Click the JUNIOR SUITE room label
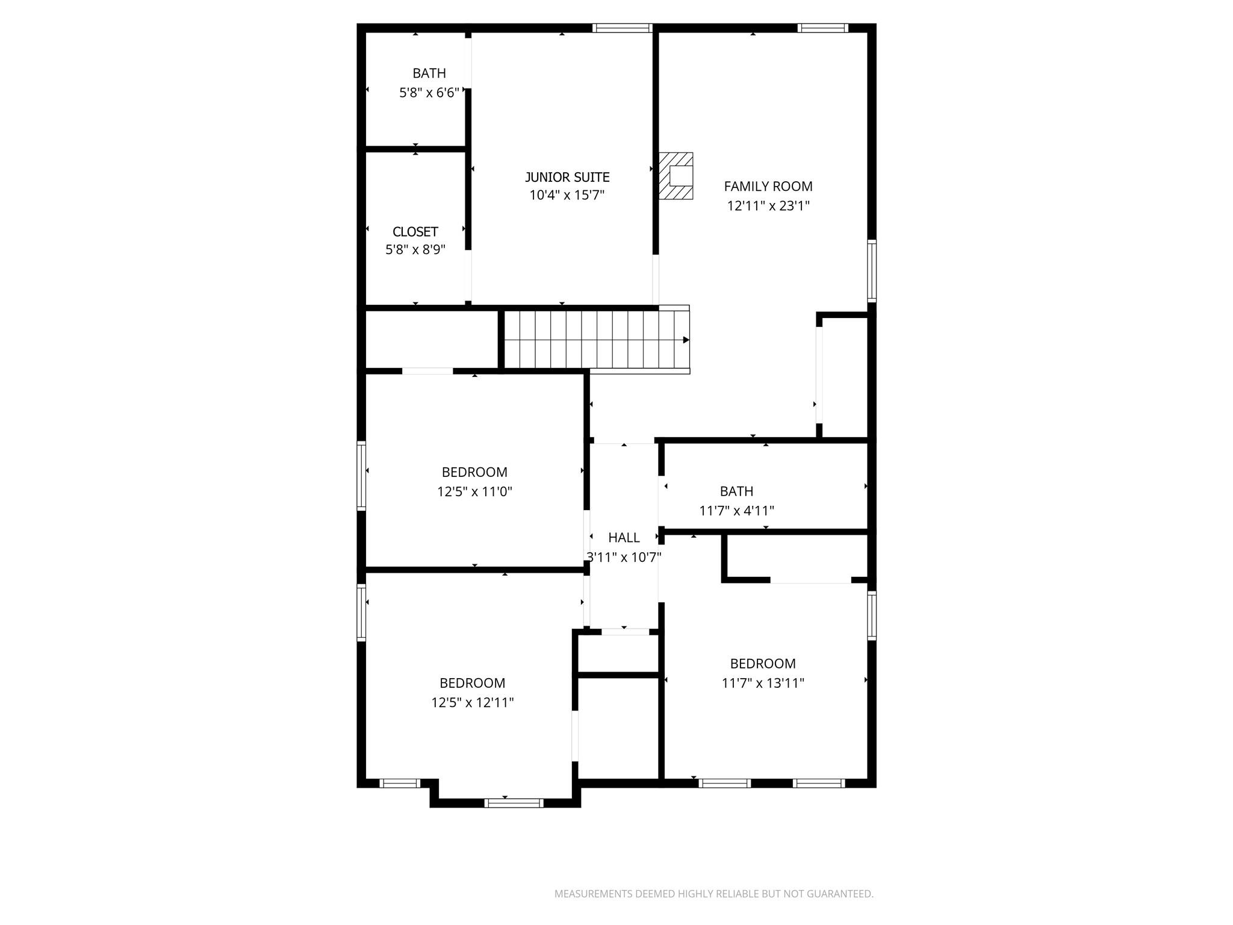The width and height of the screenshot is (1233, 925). click(567, 177)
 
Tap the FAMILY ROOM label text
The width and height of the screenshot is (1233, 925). click(768, 187)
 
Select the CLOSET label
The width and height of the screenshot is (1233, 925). click(415, 232)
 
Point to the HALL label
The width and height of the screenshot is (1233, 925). click(624, 538)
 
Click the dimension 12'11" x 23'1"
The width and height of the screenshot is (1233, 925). click(768, 206)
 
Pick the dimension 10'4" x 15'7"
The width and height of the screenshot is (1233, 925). click(567, 195)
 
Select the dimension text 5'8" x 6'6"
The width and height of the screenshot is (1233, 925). click(429, 93)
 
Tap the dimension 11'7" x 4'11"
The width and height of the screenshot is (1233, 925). click(736, 511)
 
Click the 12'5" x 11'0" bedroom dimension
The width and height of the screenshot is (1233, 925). click(474, 491)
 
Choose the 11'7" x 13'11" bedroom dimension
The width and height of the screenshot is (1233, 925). click(763, 683)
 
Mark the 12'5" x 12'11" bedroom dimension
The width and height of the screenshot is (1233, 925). click(472, 702)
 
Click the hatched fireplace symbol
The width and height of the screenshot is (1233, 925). click(676, 176)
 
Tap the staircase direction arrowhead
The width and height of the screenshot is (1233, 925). click(686, 340)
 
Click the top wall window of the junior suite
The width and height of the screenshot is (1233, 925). click(622, 28)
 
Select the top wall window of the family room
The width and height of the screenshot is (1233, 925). click(822, 28)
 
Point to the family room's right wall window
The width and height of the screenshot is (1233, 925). click(871, 270)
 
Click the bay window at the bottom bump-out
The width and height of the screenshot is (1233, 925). click(514, 803)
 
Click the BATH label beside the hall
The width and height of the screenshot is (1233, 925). click(736, 491)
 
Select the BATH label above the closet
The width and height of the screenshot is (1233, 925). click(429, 73)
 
